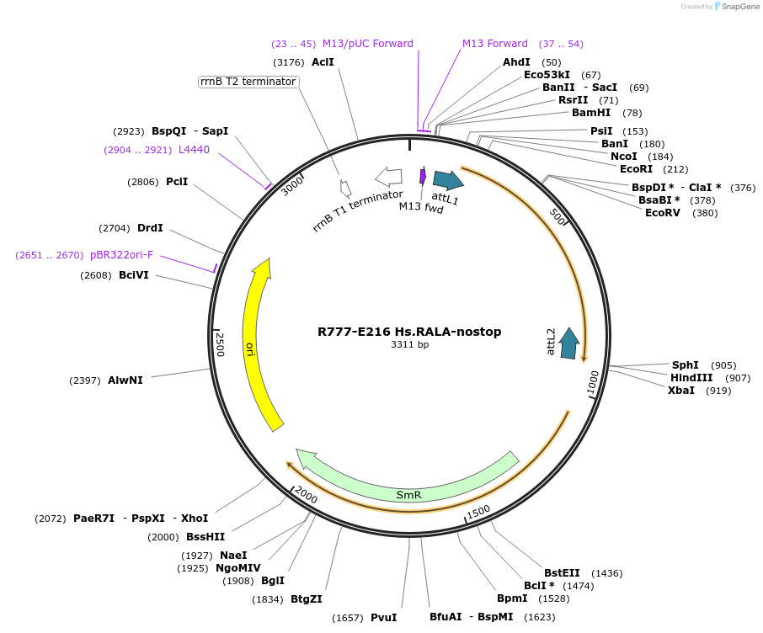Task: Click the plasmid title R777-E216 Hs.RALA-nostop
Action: click(409, 332)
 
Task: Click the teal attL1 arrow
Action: click(447, 180)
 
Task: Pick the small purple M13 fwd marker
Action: click(423, 175)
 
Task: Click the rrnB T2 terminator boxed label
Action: click(248, 82)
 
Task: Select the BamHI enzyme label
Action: click(591, 113)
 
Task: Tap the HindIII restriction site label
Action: click(691, 378)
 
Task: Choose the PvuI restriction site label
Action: click(383, 618)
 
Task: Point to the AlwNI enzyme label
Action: click(125, 380)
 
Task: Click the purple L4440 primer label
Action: click(194, 150)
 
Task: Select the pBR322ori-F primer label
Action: click(122, 254)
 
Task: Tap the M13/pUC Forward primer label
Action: click(368, 44)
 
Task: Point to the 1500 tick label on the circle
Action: click(478, 511)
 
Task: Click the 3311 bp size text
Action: click(409, 345)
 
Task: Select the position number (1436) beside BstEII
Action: click(607, 573)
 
